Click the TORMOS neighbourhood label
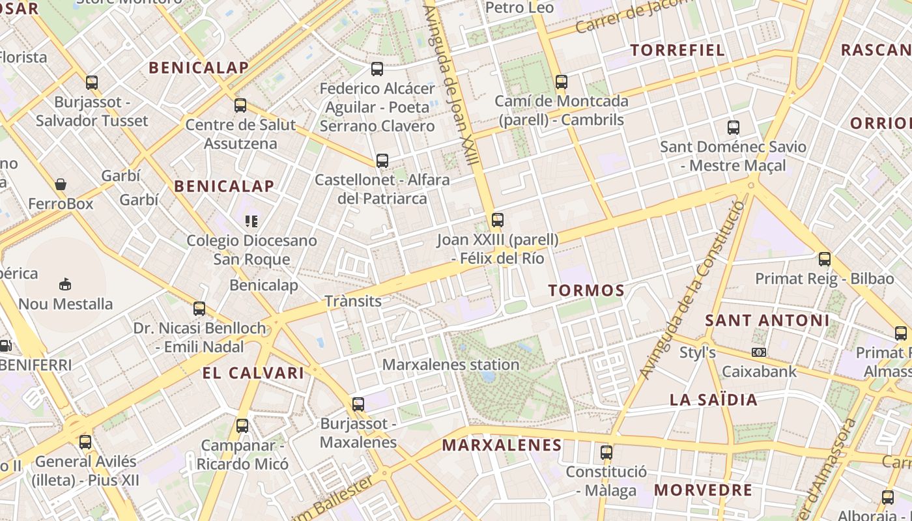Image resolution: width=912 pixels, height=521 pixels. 586,290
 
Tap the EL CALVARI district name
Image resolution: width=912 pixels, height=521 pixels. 253,373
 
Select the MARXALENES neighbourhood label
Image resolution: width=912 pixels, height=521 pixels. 502,445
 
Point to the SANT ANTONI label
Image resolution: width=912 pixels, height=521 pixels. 767,320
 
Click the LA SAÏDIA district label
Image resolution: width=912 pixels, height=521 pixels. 714,400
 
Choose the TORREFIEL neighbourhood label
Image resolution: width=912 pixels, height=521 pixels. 677,50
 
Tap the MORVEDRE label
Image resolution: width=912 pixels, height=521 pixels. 703,490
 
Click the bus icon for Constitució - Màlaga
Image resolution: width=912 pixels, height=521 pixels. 606,452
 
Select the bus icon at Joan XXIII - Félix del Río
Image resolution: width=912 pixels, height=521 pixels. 498,220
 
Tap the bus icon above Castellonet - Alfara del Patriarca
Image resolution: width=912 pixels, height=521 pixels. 382,160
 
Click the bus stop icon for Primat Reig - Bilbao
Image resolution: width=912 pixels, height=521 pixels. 825,259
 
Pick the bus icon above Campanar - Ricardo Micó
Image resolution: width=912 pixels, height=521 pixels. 242,426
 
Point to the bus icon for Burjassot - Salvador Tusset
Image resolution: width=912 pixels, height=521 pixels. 92,83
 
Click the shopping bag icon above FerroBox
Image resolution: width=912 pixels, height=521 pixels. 61,185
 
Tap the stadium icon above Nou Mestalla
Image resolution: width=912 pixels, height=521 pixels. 65,284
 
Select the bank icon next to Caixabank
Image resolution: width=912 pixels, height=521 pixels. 758,352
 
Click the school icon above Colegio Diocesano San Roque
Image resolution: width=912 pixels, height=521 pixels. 251,221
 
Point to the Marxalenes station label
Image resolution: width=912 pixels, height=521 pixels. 450,365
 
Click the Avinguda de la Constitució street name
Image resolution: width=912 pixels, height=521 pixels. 692,290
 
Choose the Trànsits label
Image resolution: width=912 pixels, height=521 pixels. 353,301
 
